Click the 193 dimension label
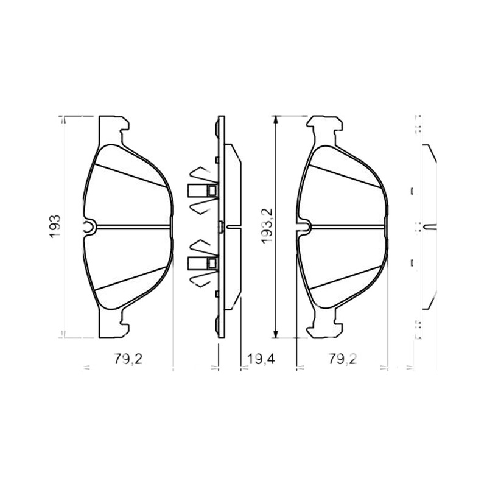pyautogui.click(x=55, y=226)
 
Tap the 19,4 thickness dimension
pyautogui.click(x=261, y=359)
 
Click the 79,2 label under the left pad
pyautogui.click(x=128, y=359)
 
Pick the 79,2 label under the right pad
pyautogui.click(x=343, y=359)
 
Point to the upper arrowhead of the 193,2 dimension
pyautogui.click(x=276, y=119)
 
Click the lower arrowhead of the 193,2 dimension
pyautogui.click(x=276, y=334)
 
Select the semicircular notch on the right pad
pyautogui.click(x=304, y=227)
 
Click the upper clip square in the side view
pyautogui.click(x=212, y=191)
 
